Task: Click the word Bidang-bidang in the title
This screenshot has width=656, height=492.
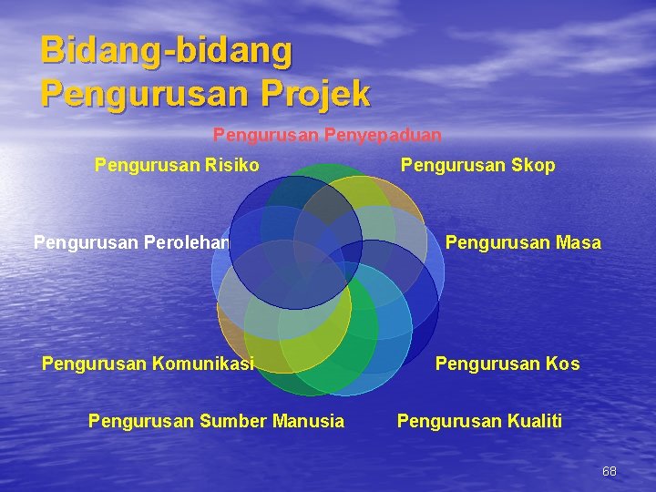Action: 167,51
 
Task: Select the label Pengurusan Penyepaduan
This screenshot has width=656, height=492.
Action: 327,135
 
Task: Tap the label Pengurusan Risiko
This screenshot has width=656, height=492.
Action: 177,165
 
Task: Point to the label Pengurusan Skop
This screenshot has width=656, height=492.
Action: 477,165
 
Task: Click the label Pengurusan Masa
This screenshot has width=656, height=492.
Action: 522,242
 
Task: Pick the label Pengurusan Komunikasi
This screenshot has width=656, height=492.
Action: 148,364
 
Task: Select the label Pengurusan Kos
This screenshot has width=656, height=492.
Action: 507,364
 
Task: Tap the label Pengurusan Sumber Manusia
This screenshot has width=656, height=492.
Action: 216,421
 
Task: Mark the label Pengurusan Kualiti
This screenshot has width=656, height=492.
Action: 479,421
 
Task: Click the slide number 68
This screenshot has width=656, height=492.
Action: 610,471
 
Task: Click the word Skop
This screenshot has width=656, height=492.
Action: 535,165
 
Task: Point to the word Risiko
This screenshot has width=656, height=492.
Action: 232,165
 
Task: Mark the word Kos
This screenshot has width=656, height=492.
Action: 563,364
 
